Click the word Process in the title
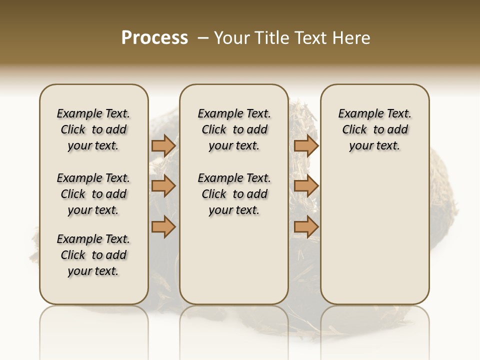(154, 38)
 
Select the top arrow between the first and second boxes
(163, 145)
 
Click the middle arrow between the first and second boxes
(163, 186)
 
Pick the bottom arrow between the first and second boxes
(163, 226)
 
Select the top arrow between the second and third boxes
(306, 145)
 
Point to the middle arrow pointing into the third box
(306, 186)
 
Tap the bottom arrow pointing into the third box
(306, 226)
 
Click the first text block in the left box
(93, 129)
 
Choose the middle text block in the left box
(93, 194)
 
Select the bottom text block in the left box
(93, 255)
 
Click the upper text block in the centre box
(234, 129)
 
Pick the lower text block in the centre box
(234, 194)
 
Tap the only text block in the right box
(375, 129)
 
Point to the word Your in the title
(231, 38)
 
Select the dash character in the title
(203, 38)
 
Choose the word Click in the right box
(354, 130)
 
